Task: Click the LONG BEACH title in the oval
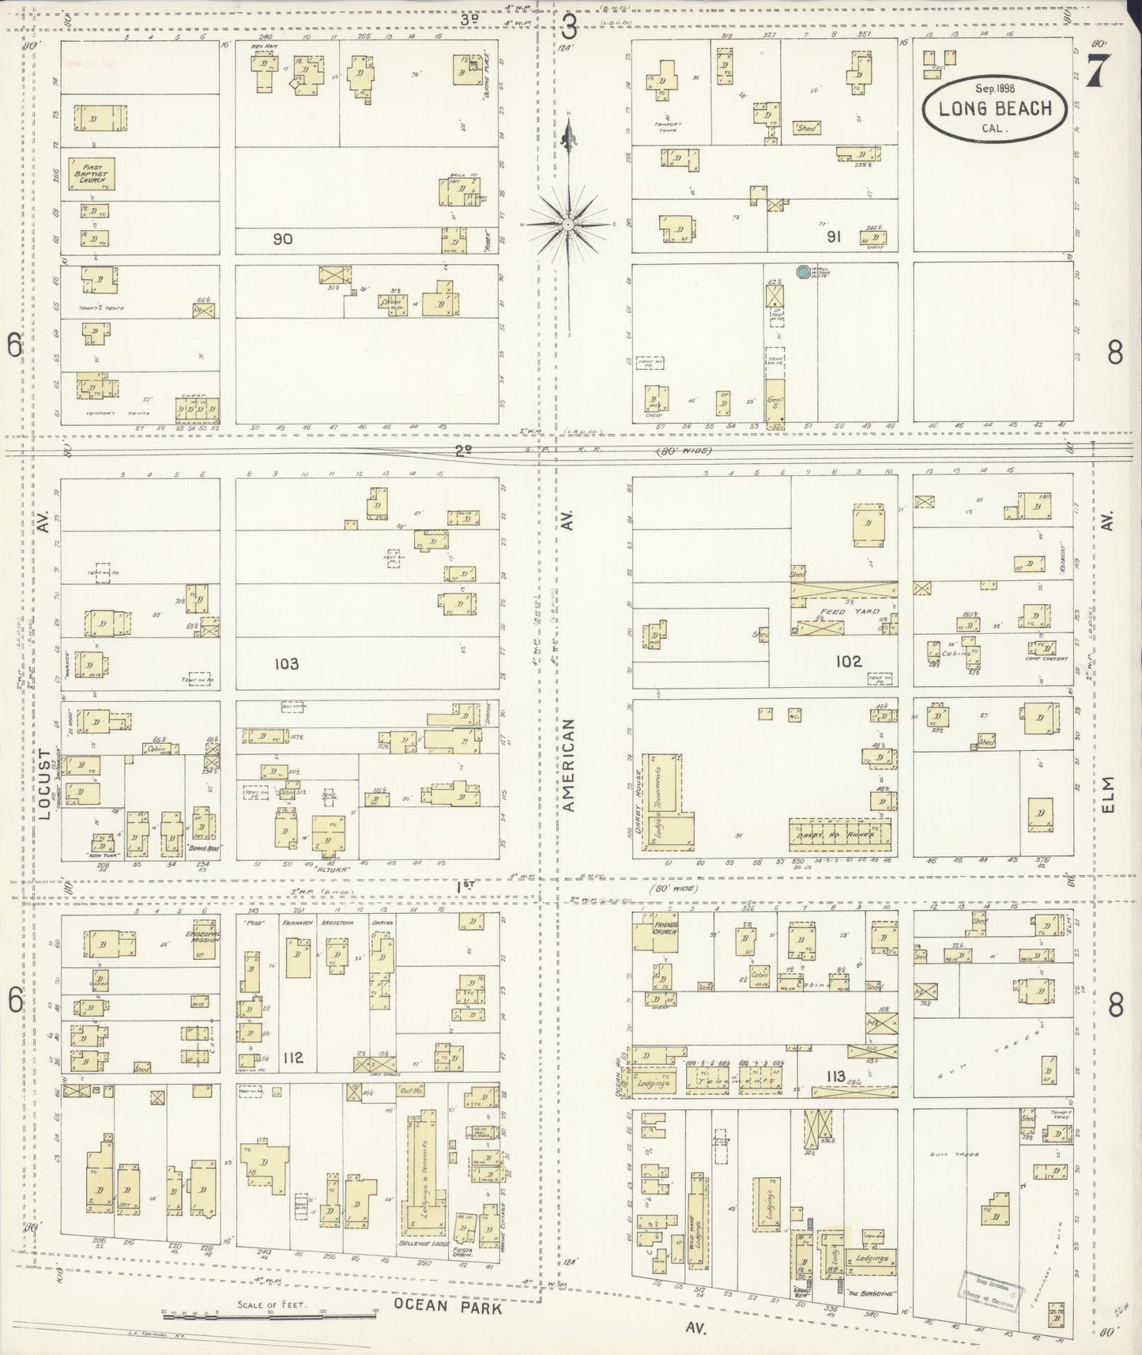click(x=995, y=108)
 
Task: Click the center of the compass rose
click(x=567, y=225)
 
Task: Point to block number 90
click(x=282, y=239)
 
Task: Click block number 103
click(x=286, y=663)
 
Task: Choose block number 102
click(x=849, y=661)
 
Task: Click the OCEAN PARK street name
click(x=448, y=1307)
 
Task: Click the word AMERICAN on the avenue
click(x=569, y=765)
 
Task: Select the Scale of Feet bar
click(x=269, y=1315)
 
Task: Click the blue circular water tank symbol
click(x=803, y=273)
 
